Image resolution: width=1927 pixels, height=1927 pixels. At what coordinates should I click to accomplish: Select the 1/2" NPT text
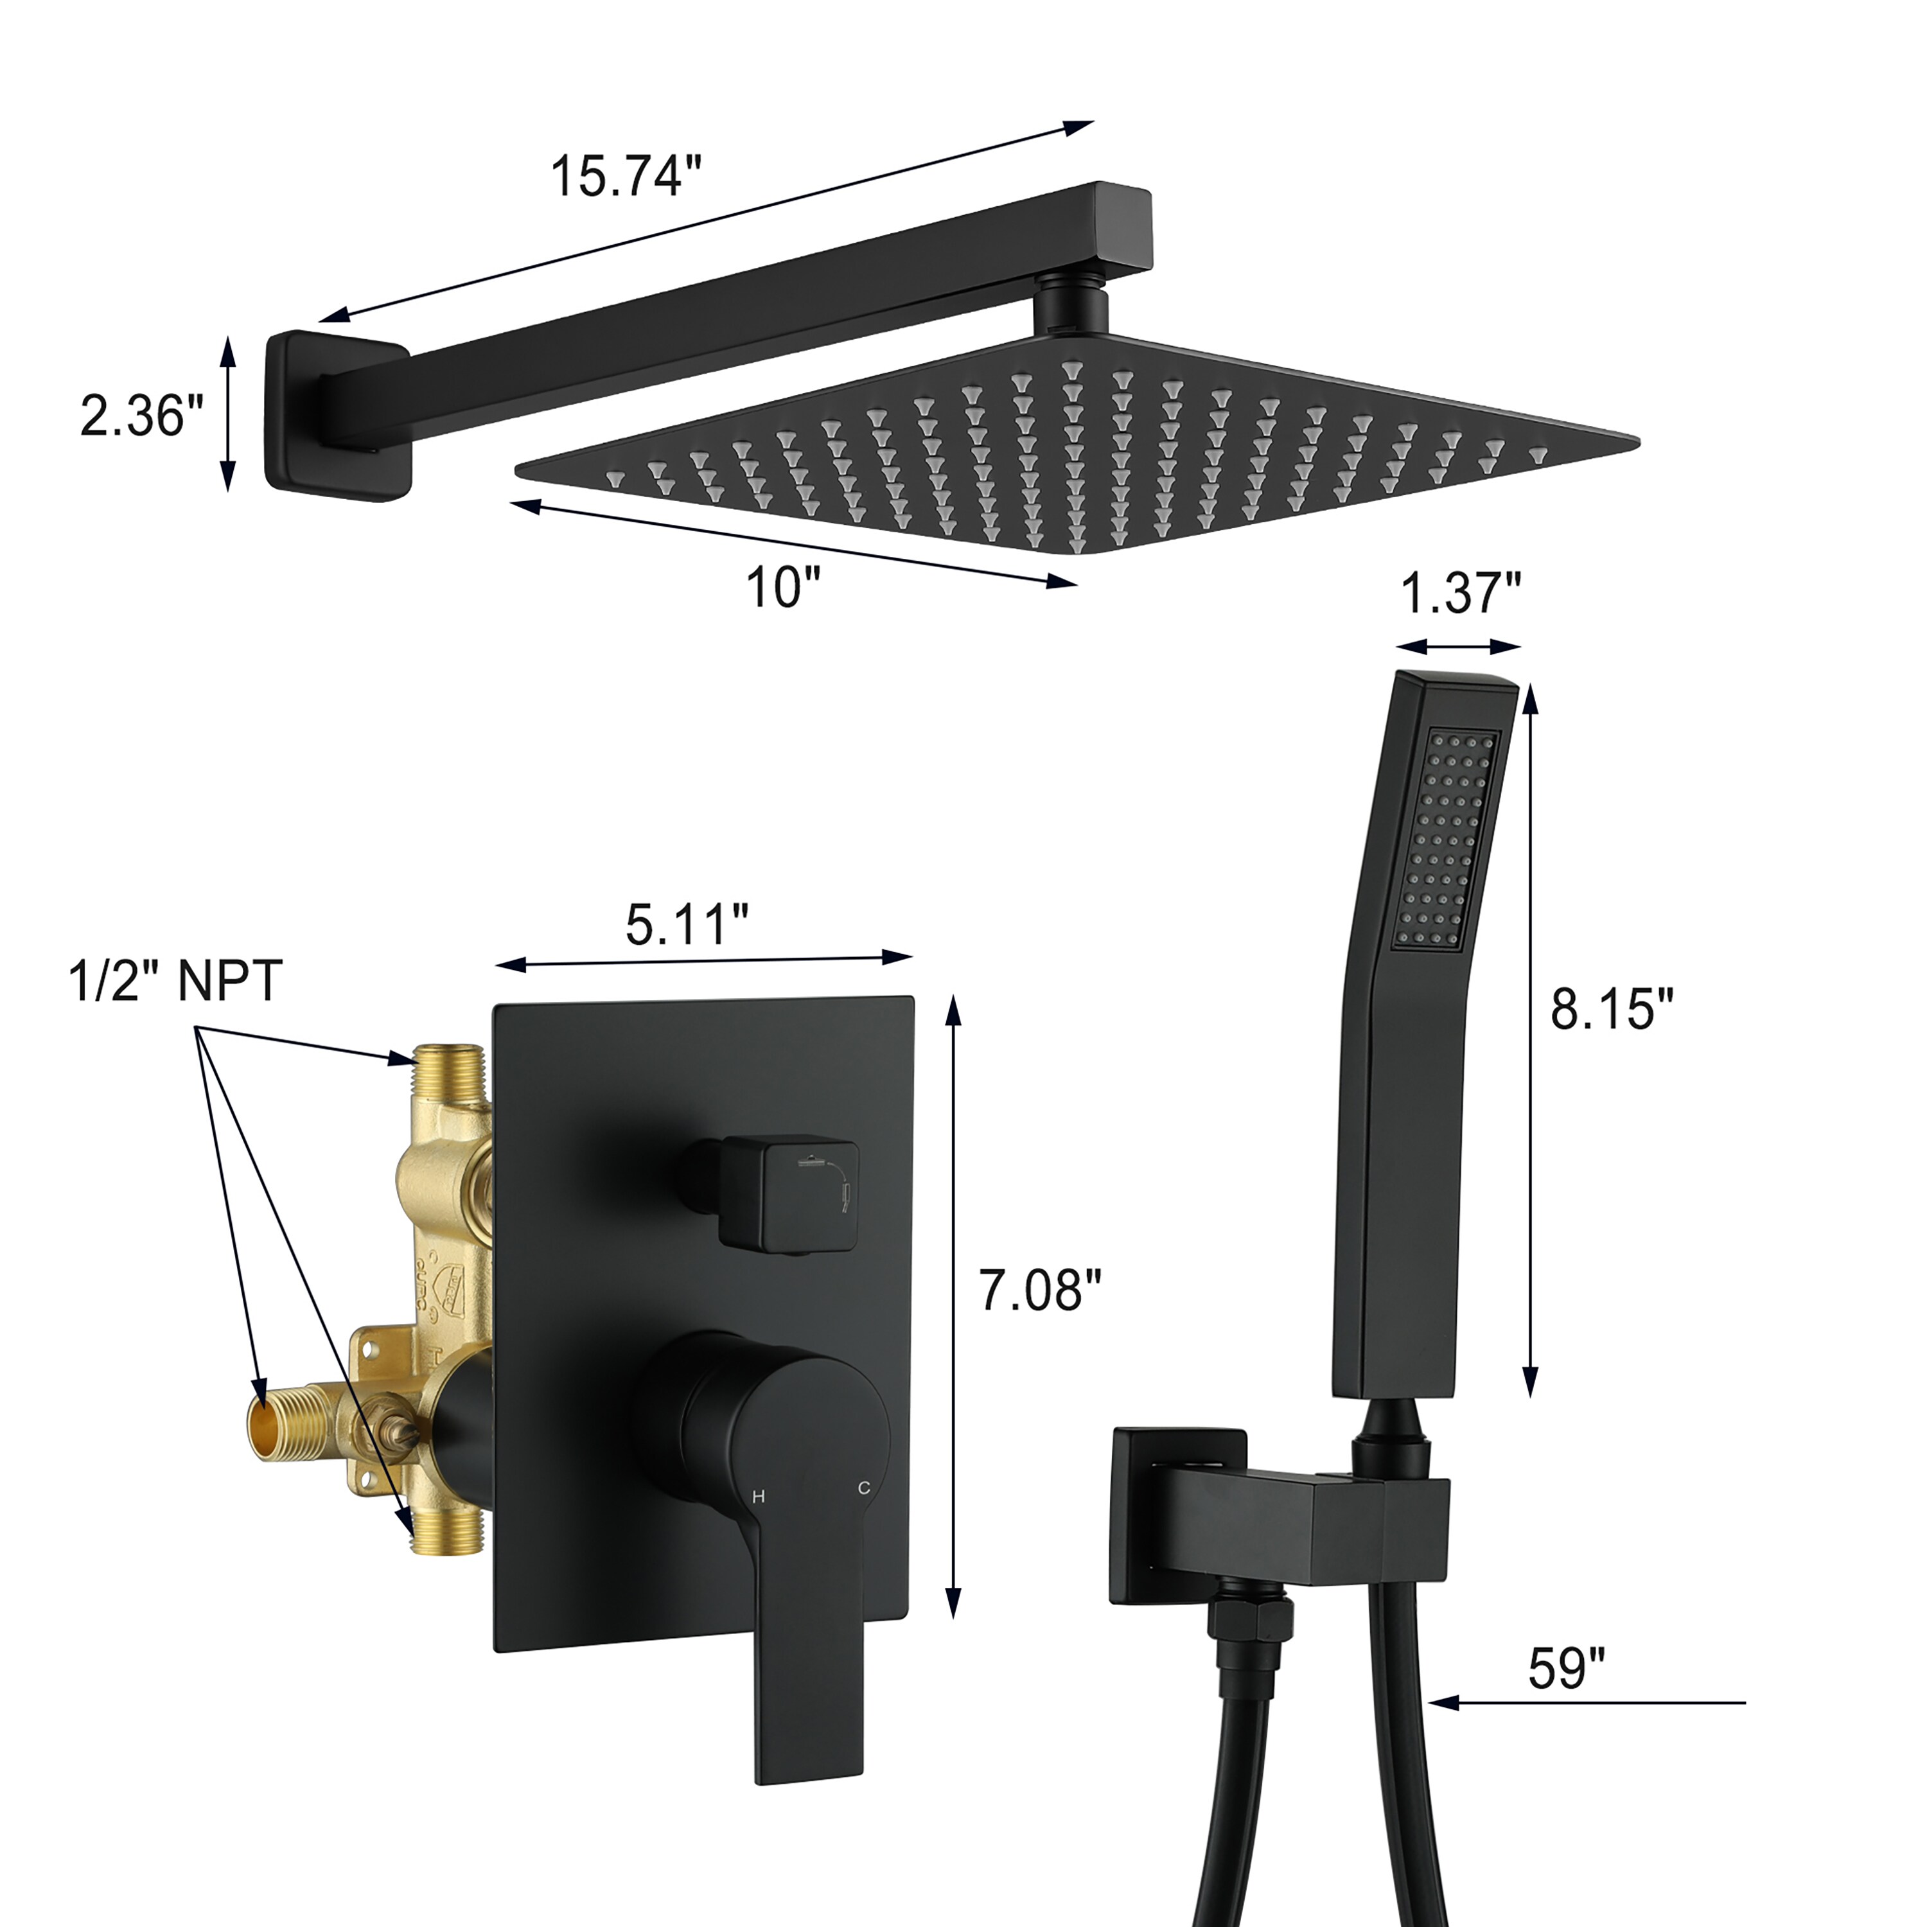[175, 980]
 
